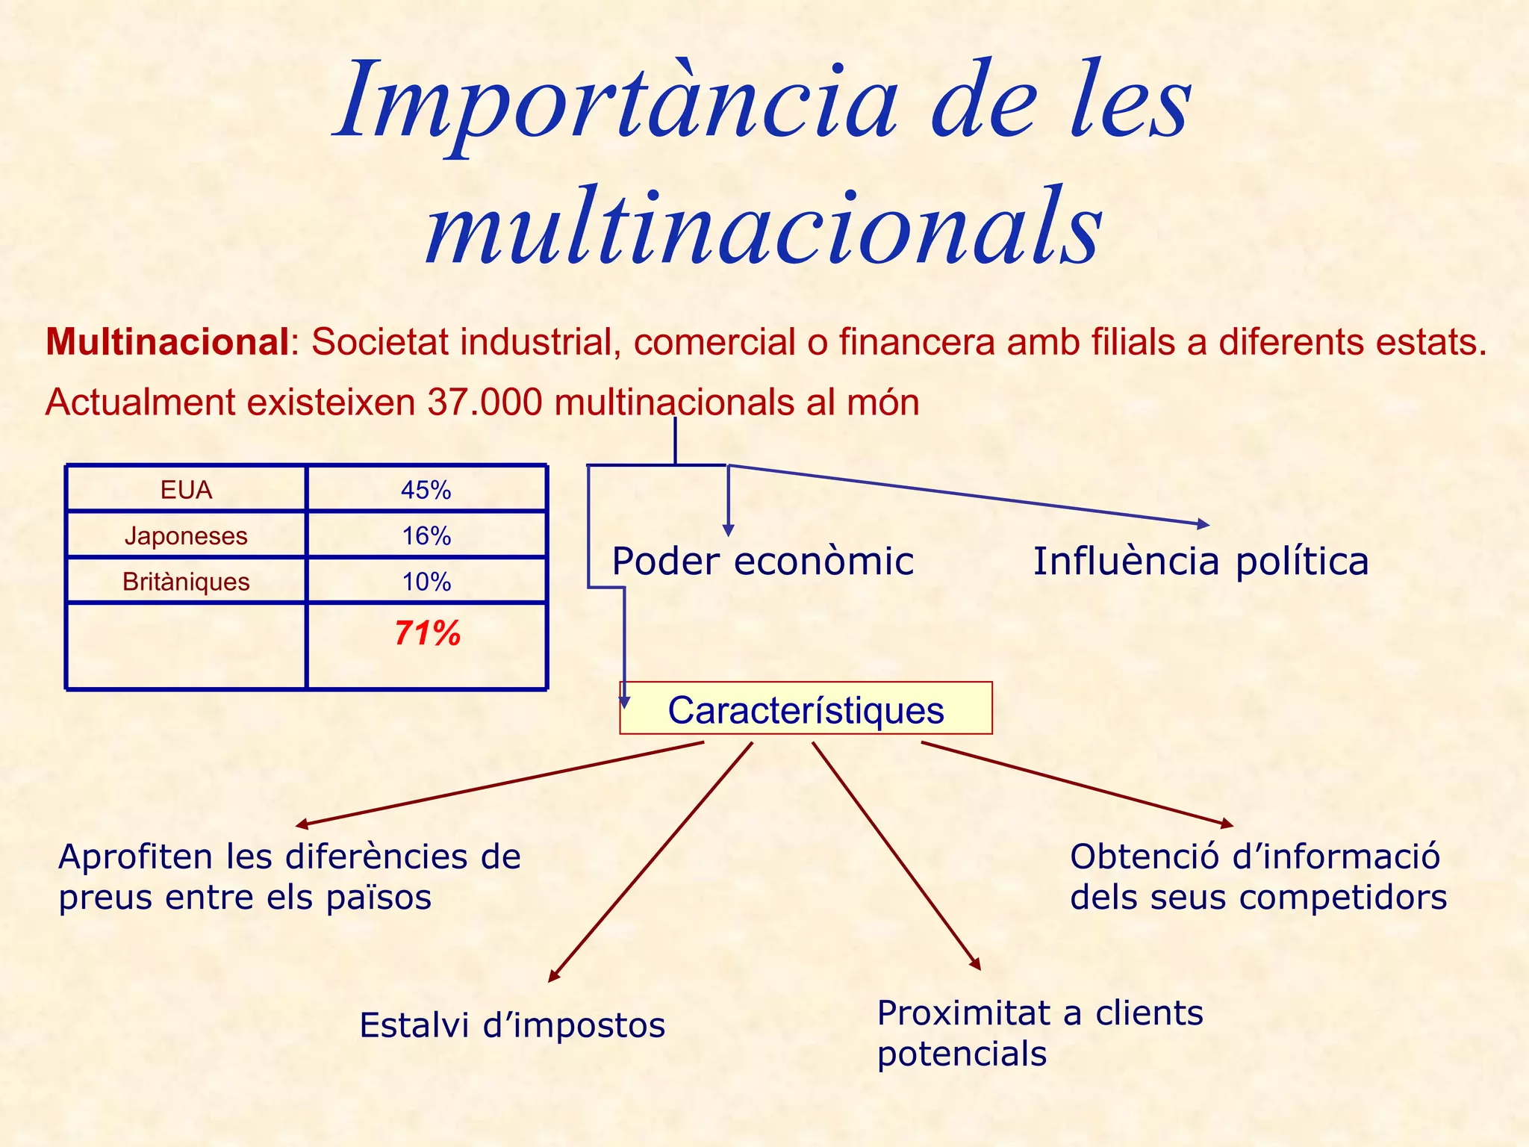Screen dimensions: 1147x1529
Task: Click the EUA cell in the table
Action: (x=186, y=490)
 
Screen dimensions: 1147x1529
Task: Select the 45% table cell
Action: (x=426, y=490)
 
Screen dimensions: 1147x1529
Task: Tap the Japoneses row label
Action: (x=186, y=536)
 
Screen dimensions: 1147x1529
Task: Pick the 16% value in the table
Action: (x=426, y=536)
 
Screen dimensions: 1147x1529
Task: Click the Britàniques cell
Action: (x=186, y=582)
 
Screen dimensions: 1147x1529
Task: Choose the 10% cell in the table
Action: (x=426, y=582)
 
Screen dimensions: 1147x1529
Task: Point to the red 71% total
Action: (x=427, y=633)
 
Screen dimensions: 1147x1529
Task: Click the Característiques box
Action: (x=806, y=709)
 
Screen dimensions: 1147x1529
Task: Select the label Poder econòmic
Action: (x=762, y=562)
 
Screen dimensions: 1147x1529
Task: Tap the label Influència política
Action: (x=1201, y=562)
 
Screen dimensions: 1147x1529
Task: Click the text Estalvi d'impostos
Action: (x=512, y=1025)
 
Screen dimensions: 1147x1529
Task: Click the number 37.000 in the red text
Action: (x=485, y=402)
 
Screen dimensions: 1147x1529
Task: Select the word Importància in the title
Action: (x=617, y=101)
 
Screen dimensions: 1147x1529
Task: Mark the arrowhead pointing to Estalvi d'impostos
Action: (x=553, y=976)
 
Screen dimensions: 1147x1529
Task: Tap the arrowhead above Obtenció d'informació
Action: (x=1227, y=824)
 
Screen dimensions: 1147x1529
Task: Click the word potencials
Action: (x=962, y=1054)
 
